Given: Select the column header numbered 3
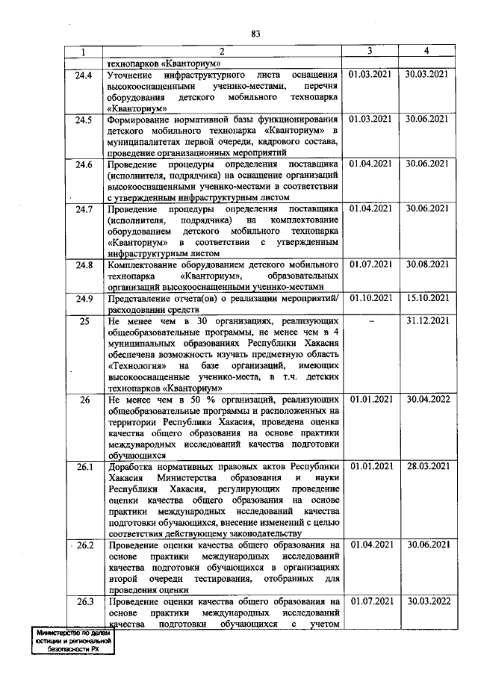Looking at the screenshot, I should (370, 51).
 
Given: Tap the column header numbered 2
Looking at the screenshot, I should (222, 51).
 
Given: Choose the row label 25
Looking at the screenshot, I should (84, 320).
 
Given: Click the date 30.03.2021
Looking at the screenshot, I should (426, 75).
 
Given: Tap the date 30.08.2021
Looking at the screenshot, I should (426, 264).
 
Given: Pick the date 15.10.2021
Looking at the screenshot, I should (426, 299).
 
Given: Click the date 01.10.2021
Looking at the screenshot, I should (370, 299).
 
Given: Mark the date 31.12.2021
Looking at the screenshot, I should (426, 320).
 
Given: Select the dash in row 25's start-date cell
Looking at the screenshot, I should (370, 320).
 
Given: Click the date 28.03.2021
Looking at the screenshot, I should (426, 467).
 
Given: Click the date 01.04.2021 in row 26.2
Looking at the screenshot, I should (370, 545).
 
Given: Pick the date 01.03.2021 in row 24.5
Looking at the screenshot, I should (370, 119).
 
